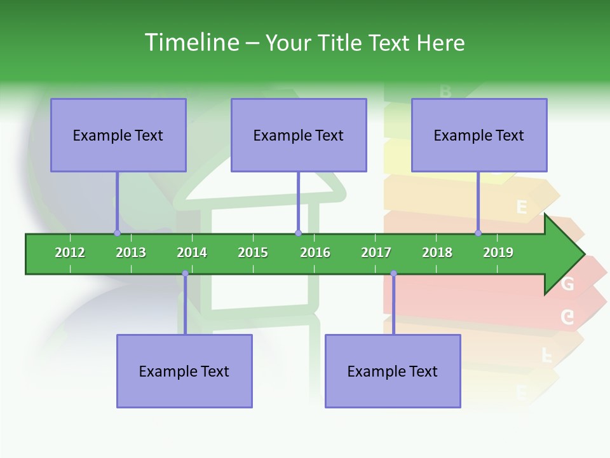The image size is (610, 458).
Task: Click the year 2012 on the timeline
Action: tap(70, 253)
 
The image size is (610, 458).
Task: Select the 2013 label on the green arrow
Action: tap(131, 253)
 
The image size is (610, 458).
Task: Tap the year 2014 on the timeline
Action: tap(192, 253)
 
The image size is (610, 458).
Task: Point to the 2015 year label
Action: tap(253, 253)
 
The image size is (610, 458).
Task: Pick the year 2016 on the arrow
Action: tap(315, 253)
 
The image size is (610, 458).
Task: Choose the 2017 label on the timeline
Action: tap(376, 253)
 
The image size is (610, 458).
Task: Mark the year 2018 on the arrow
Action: tap(437, 253)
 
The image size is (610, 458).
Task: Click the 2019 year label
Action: tap(498, 253)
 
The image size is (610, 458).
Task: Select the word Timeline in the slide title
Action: tap(191, 43)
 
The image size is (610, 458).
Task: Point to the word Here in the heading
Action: tap(440, 43)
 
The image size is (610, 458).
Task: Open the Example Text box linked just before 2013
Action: tap(118, 135)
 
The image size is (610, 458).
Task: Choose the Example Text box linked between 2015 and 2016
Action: tap(299, 135)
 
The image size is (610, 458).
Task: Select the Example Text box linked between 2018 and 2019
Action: tap(479, 135)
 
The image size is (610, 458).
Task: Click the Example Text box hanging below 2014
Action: tap(184, 371)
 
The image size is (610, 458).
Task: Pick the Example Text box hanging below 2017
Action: tap(393, 371)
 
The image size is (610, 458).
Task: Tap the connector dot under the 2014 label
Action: tap(185, 274)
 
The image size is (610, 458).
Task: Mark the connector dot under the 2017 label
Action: tap(393, 274)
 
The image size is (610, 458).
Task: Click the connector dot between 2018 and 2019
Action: tap(478, 233)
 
